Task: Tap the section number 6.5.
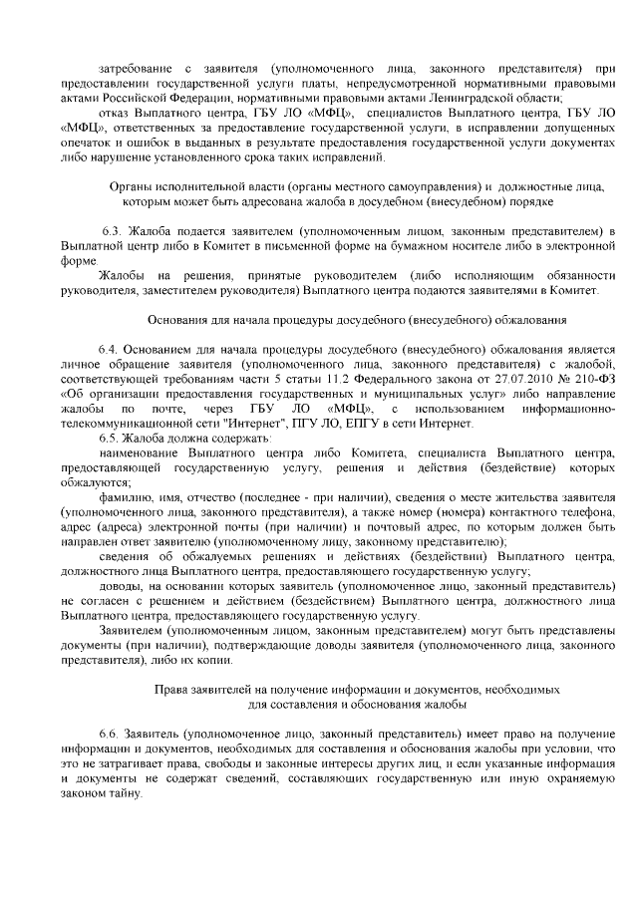108,438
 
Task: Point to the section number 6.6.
108,734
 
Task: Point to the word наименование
140,453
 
